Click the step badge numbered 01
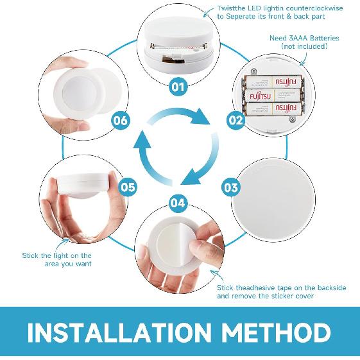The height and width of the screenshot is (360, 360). point(178,85)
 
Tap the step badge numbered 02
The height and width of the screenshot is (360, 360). point(236,119)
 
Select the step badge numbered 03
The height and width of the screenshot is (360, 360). point(231,187)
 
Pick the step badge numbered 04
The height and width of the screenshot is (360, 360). point(178,203)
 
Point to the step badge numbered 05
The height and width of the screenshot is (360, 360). point(128,187)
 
